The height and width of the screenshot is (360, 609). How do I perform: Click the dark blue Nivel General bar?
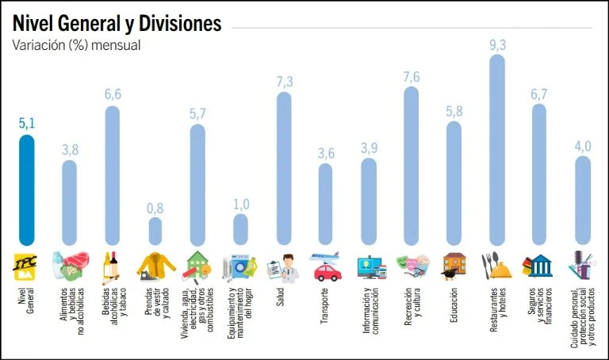[x=27, y=190]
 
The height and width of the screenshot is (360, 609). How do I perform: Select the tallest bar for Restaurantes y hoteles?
[x=497, y=151]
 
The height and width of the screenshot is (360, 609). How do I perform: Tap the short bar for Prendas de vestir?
[x=155, y=231]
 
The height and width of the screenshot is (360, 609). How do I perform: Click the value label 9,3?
[x=497, y=44]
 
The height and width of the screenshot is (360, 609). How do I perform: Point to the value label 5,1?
[x=27, y=124]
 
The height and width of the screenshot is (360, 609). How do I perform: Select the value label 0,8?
[x=155, y=208]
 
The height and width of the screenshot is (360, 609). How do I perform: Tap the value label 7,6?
[x=412, y=76]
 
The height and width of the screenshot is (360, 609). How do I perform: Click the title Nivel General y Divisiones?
[x=117, y=24]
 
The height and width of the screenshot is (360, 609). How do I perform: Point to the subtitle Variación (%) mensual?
[x=76, y=45]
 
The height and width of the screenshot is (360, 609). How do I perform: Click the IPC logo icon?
[x=27, y=266]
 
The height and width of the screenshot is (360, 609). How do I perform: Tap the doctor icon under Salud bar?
[x=284, y=267]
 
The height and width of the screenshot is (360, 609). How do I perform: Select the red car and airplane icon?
[x=326, y=266]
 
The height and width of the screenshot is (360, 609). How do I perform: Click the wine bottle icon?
[x=112, y=266]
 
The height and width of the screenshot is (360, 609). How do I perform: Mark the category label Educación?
[x=454, y=305]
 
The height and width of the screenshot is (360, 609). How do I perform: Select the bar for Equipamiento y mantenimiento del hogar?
[x=241, y=229]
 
